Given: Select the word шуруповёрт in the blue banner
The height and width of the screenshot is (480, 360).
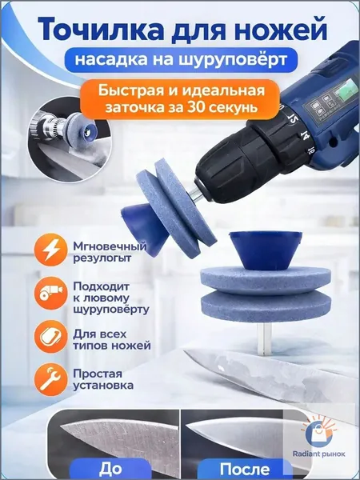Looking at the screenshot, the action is coord(233,60).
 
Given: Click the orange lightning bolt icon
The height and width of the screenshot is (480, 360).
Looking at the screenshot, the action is coord(50,250).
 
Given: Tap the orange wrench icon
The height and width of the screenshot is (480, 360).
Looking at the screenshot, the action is coord(50,379).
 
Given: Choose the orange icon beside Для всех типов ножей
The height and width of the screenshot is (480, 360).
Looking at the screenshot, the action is coord(50,337).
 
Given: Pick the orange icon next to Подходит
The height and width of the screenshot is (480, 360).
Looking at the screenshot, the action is coord(50,294).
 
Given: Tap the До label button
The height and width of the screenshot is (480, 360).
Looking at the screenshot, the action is coord(110,469).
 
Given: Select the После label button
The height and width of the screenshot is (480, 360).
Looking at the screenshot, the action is coord(245,469).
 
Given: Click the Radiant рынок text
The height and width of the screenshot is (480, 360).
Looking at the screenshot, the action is coord(318,454).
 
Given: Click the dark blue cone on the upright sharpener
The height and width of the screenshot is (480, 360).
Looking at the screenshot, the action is coord(266,250).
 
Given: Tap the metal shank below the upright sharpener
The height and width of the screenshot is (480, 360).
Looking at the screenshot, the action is coord(265,339).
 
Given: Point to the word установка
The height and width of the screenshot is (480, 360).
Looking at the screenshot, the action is coord(103,385).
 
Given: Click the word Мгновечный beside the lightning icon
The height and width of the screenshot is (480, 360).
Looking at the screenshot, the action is coord(110,246).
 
